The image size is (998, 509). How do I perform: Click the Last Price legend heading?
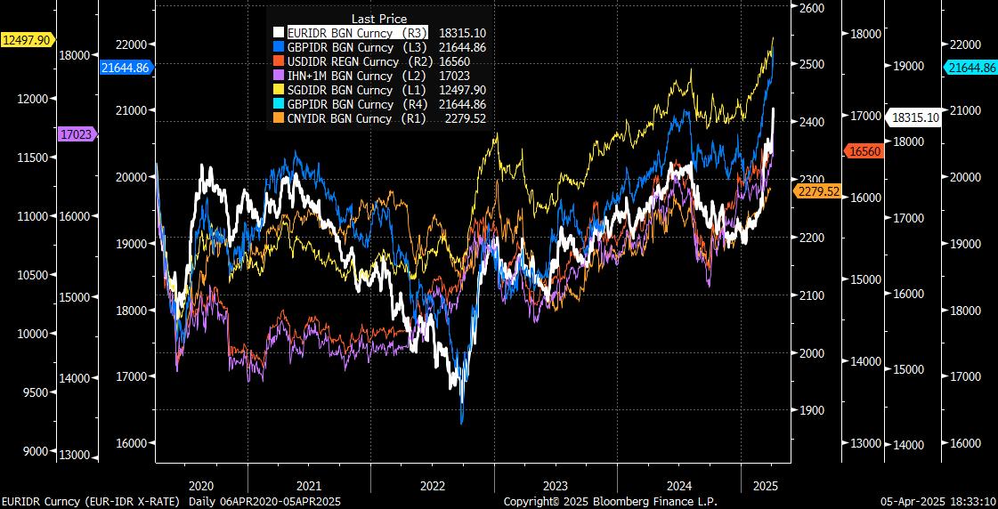[x=378, y=19]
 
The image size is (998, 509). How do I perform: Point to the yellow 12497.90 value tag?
[x=27, y=39]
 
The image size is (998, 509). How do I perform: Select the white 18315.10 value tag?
[x=913, y=117]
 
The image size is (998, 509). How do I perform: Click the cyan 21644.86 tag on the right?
[x=971, y=68]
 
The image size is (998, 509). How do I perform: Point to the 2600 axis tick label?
[x=813, y=8]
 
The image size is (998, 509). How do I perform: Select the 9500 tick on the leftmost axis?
[x=33, y=392]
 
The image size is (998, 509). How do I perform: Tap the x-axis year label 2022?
[x=432, y=486]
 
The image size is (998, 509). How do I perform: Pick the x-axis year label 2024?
[x=679, y=486]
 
